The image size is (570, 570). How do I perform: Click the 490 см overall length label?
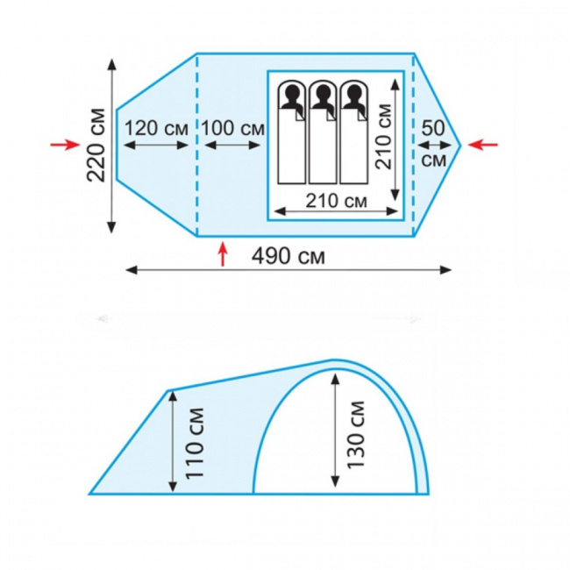point(289,256)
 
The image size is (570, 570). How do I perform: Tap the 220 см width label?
point(96,145)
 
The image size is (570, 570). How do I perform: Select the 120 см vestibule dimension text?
point(157,128)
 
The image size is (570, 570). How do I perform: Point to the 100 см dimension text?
point(233,128)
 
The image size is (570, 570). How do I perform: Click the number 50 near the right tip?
point(433,128)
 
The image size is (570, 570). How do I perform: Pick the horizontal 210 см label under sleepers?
point(336,201)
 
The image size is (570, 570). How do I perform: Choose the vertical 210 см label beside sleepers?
point(383,136)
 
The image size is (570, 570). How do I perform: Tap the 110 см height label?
point(195,443)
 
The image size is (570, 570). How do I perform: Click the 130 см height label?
point(355,434)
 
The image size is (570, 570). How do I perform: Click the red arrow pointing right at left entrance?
point(65,145)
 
